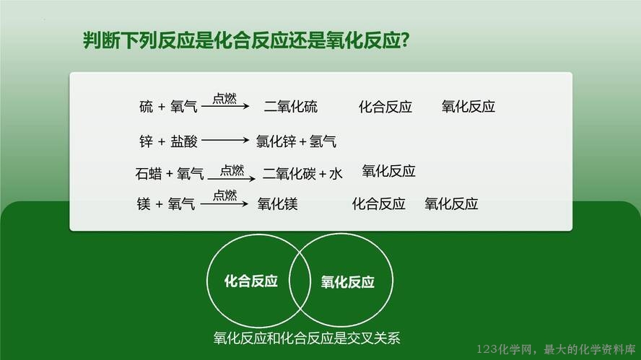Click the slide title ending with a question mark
(246, 40)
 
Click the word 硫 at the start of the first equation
(146, 107)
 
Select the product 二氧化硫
(291, 107)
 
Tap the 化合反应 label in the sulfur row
(385, 107)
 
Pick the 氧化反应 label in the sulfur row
(468, 107)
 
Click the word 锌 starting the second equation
(146, 141)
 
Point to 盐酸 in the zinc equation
(184, 141)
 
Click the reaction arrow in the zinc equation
(225, 140)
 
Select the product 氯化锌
(276, 141)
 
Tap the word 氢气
(323, 141)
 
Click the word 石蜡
(149, 174)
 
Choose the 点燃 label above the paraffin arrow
(232, 170)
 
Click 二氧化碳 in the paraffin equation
(289, 174)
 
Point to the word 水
(336, 174)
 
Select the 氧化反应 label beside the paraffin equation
(388, 171)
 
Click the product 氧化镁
(278, 203)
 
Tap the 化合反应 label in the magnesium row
(378, 203)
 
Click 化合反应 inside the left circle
(251, 281)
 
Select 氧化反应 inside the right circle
(347, 282)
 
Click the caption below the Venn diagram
(307, 338)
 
